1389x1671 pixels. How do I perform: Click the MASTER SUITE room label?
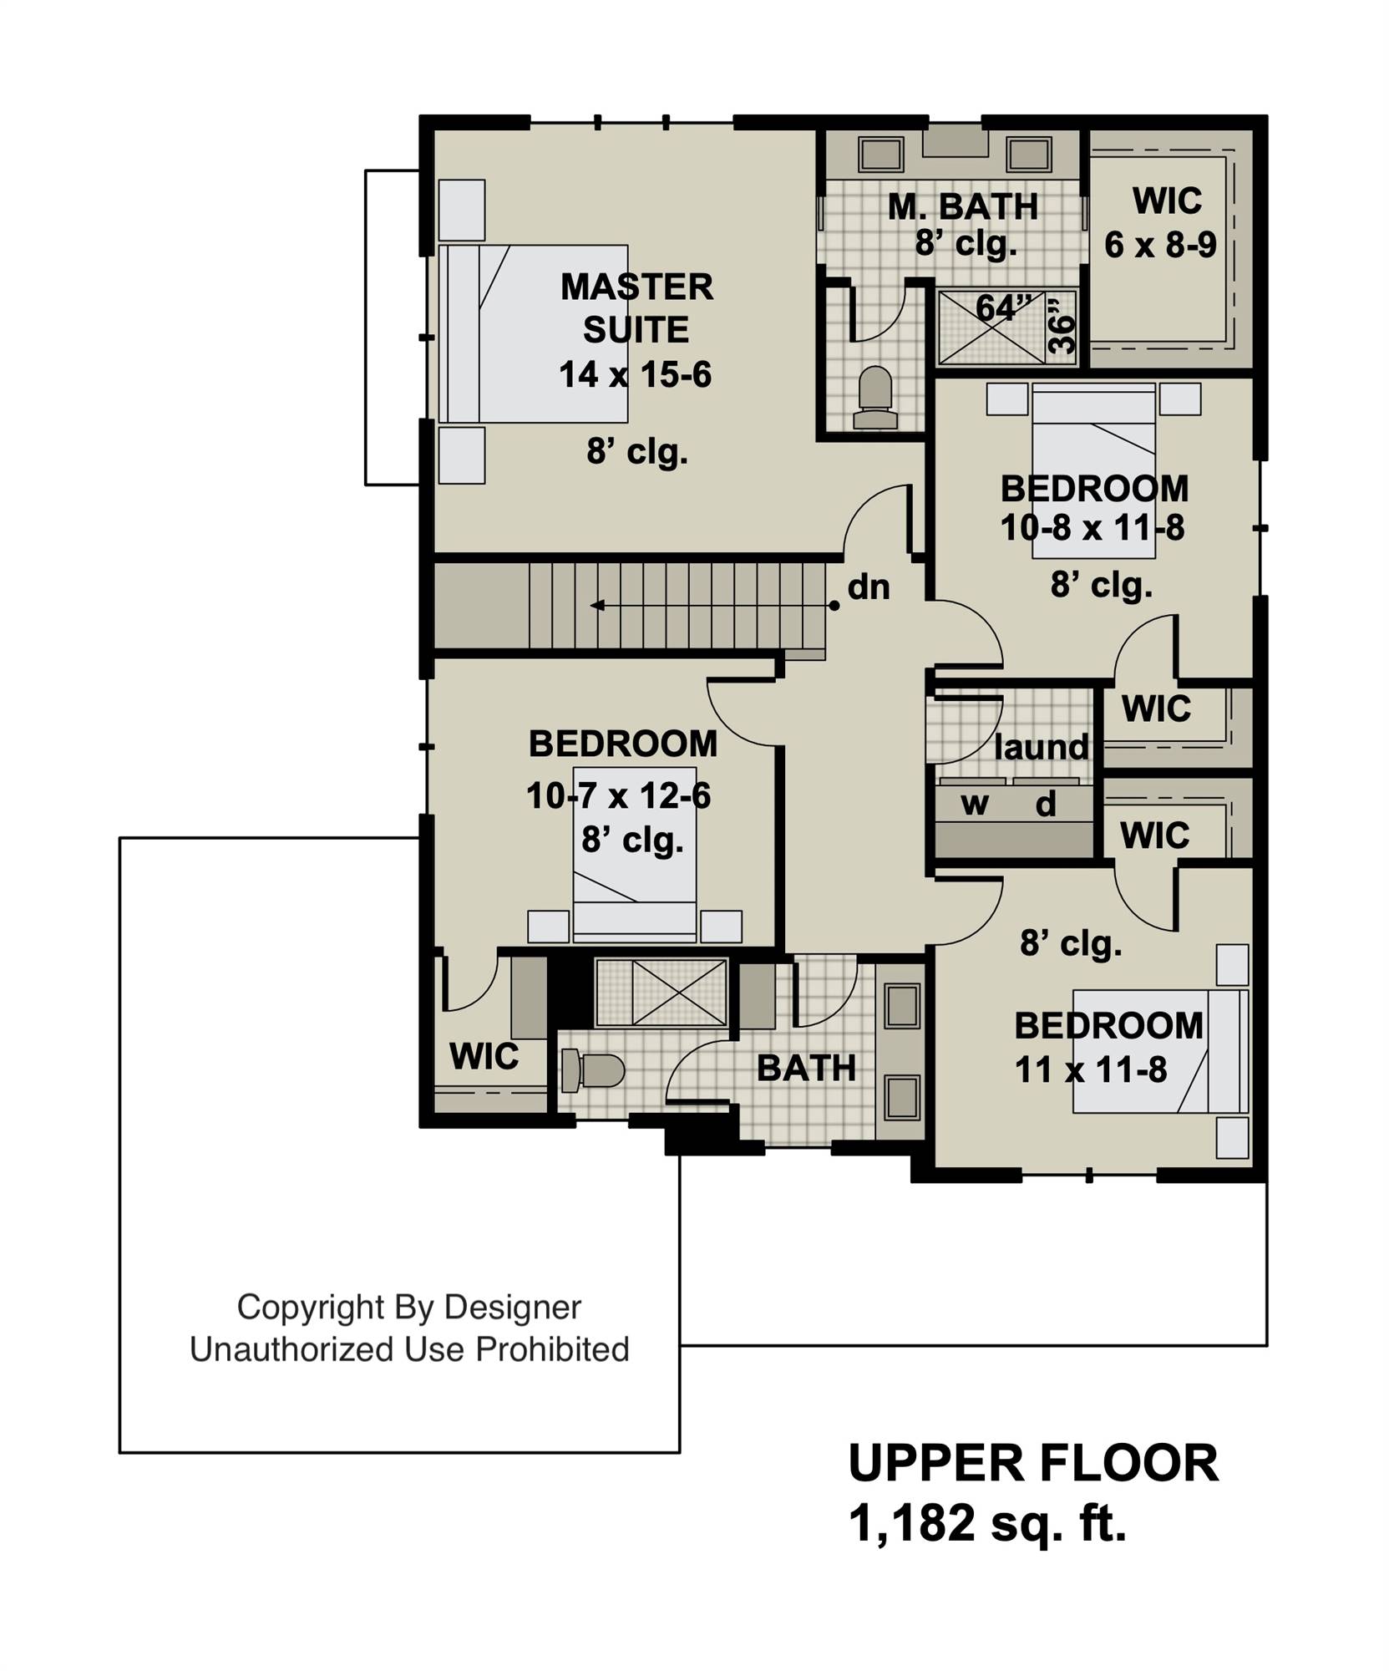point(636,308)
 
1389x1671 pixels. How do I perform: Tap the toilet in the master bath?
point(874,398)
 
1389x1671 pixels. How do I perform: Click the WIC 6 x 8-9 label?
point(1160,222)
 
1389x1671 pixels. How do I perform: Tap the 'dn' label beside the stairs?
point(869,587)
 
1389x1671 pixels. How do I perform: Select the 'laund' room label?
point(1042,747)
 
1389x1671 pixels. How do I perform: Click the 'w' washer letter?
point(975,804)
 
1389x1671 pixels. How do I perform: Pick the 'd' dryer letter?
point(1046,804)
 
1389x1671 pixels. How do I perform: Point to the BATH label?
point(806,1068)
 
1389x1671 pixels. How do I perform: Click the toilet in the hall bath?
point(592,1070)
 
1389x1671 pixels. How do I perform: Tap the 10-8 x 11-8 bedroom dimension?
point(1092,527)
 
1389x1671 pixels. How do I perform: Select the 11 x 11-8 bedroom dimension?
point(1091,1069)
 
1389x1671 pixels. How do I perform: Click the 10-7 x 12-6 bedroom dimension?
point(618,795)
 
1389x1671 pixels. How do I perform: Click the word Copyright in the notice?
point(309,1308)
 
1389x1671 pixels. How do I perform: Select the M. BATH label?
point(963,206)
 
